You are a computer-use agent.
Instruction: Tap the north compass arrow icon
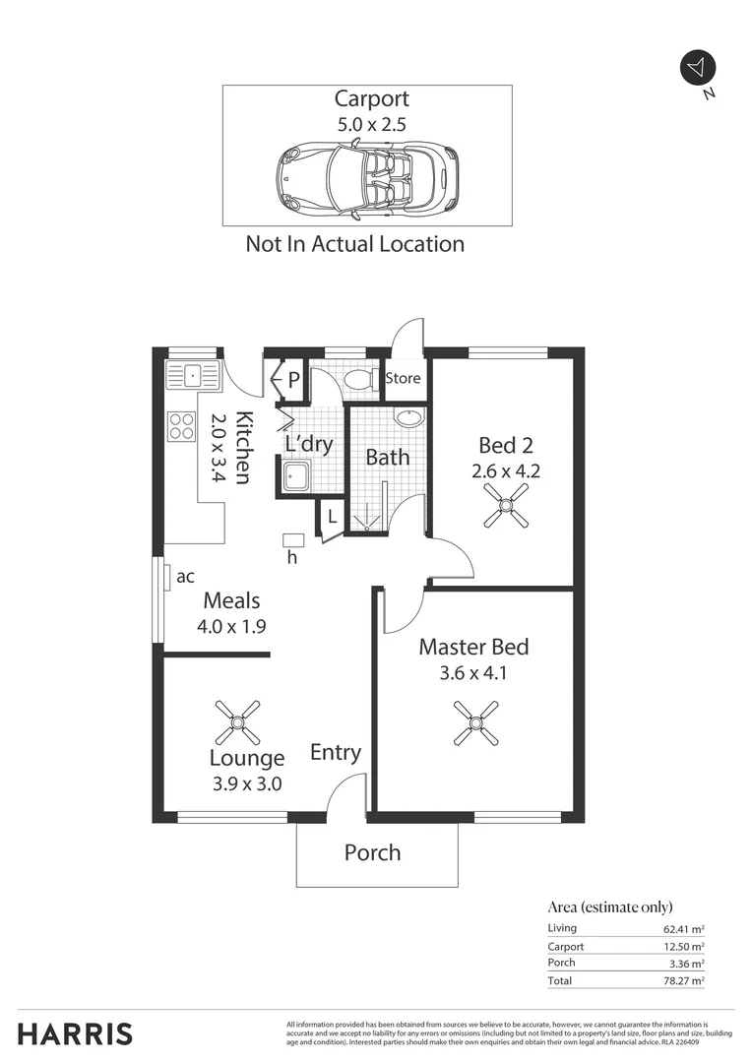pos(698,67)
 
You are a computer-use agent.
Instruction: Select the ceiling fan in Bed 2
pos(506,507)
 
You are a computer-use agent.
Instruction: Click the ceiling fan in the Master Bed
pos(475,723)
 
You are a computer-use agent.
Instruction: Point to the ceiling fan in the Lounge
pos(236,722)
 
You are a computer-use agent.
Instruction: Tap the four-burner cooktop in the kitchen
pos(182,425)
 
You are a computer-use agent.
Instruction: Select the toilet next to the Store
pos(358,379)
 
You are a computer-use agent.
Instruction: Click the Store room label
pos(403,378)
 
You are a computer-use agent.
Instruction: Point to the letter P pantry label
pos(293,378)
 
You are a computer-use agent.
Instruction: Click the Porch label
pos(372,852)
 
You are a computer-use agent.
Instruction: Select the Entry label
pos(336,753)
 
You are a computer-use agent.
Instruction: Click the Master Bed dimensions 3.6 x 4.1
pos(472,674)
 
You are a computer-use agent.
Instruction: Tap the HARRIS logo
pos(75,1034)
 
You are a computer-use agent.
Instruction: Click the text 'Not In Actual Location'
pos(354,244)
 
